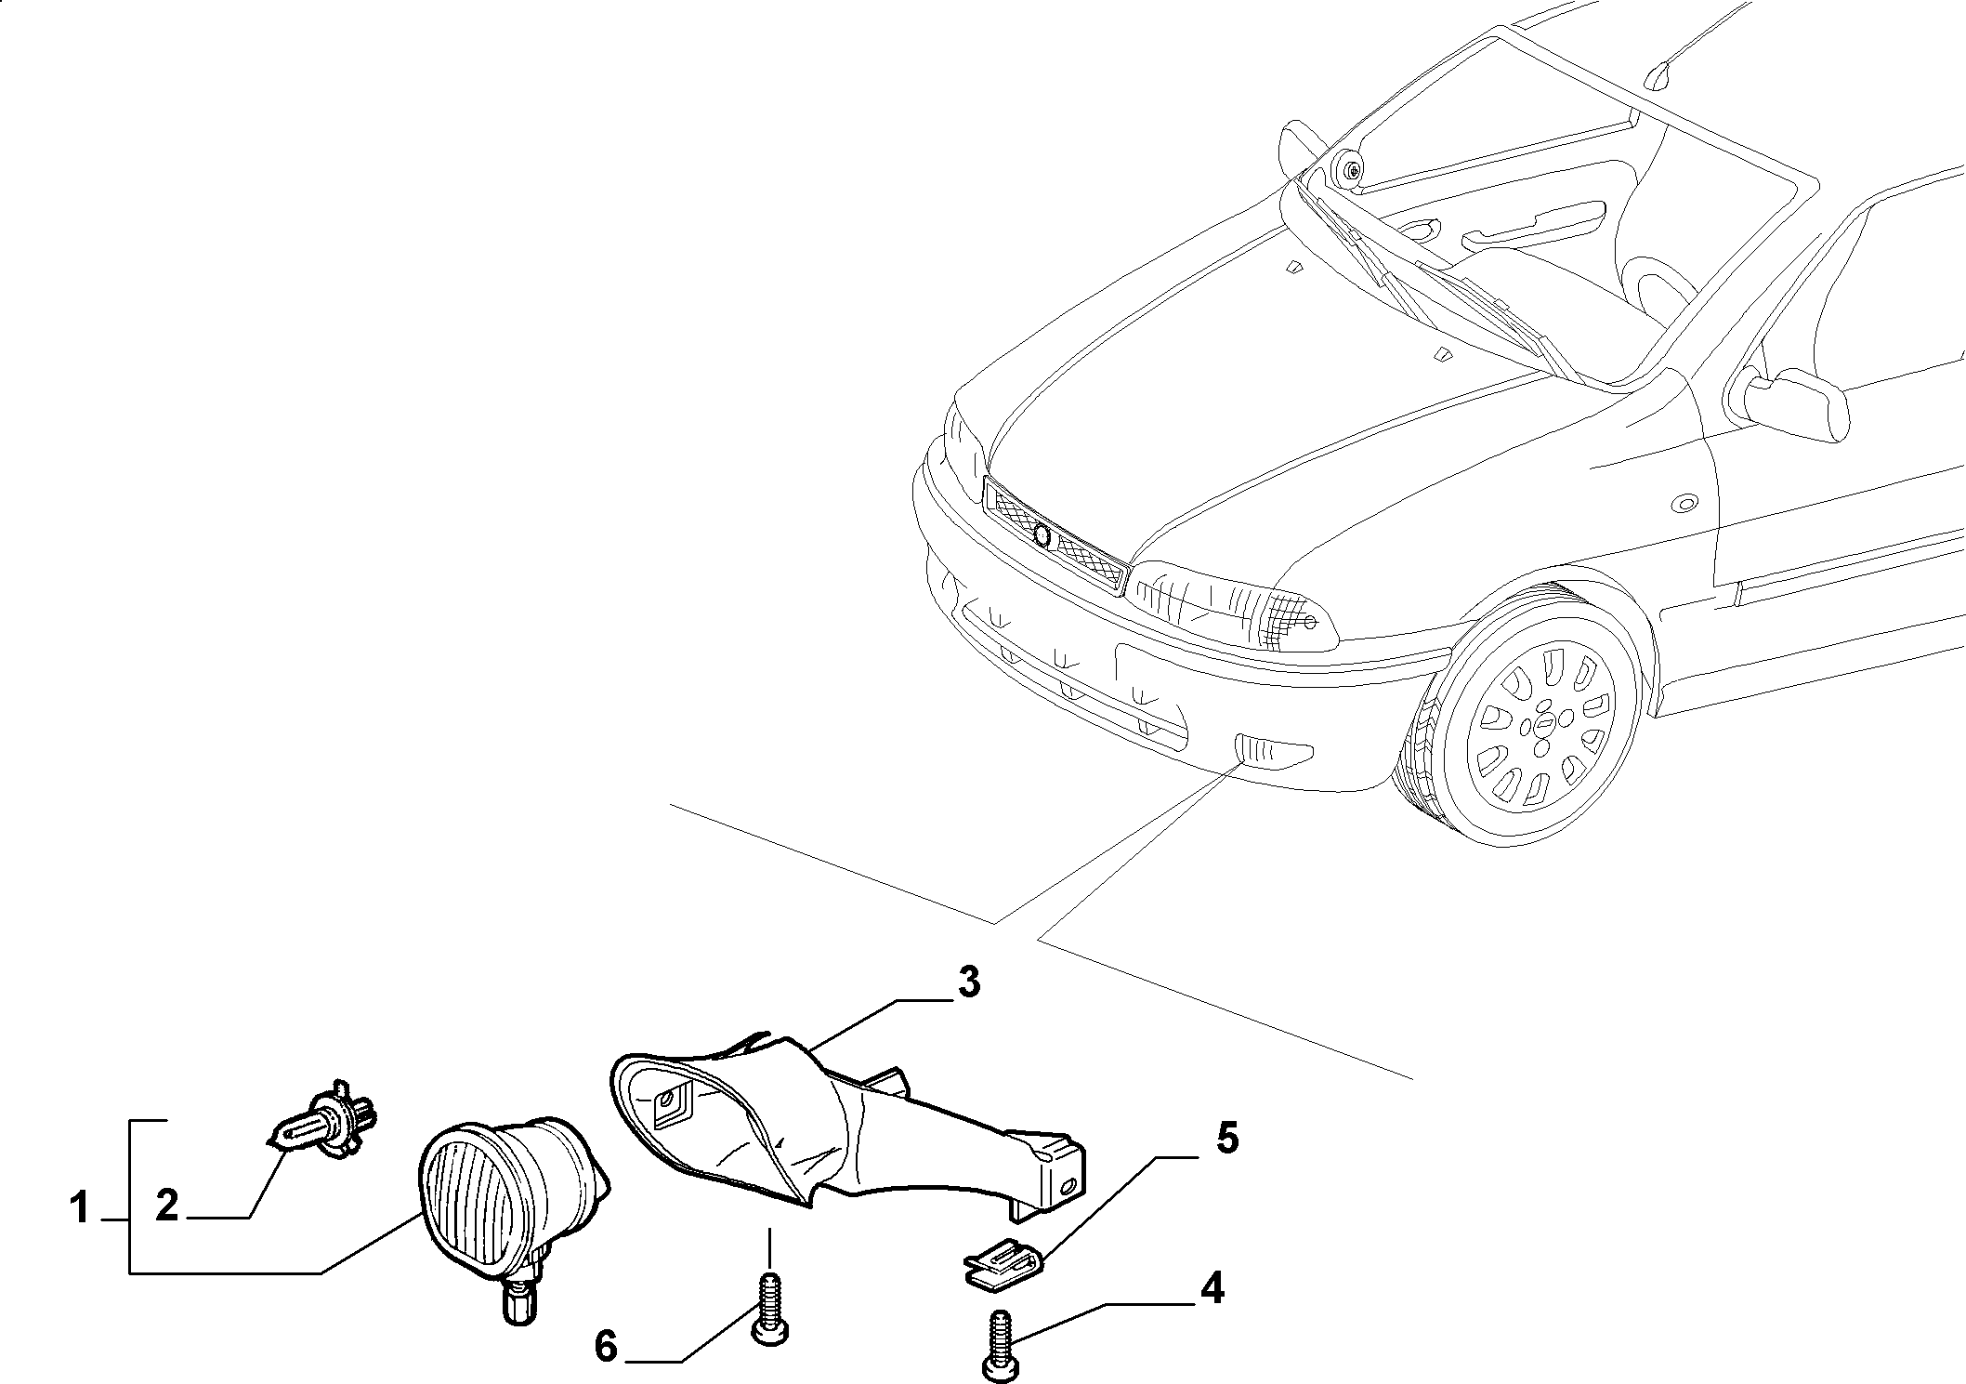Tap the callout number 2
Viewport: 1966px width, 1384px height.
167,1206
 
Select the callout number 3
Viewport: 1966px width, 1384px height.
968,982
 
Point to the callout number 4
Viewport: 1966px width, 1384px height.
1212,1287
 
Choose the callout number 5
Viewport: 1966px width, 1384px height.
1228,1138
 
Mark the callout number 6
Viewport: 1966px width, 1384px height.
606,1345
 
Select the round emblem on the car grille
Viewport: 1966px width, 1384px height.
1042,534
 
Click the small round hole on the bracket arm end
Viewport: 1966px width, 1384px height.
1069,1184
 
